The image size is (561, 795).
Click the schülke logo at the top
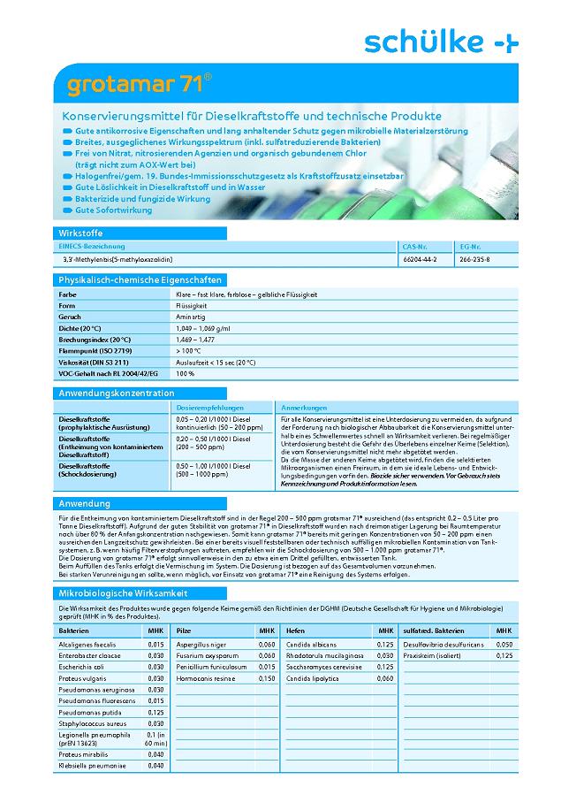[442, 41]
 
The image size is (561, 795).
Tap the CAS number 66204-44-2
[419, 259]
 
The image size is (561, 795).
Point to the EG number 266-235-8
[474, 259]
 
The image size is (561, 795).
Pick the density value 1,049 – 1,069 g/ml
[204, 328]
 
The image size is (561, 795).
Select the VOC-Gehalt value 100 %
[185, 374]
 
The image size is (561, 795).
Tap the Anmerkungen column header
[298, 407]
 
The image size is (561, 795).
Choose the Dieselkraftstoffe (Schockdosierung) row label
[87, 470]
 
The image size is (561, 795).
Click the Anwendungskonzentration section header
[116, 392]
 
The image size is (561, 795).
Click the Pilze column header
[185, 631]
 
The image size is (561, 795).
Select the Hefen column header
[295, 631]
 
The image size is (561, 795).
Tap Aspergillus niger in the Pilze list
[201, 645]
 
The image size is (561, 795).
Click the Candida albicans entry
[312, 645]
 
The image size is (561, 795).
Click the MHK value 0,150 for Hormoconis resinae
[266, 677]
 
